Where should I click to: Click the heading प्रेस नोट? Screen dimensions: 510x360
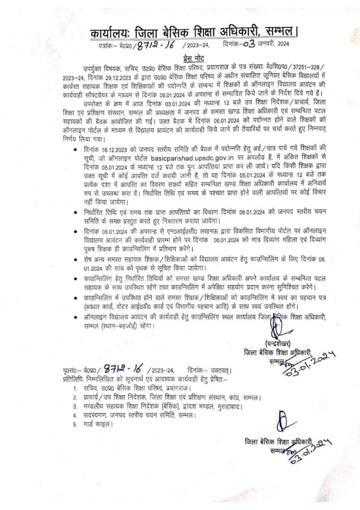(180, 57)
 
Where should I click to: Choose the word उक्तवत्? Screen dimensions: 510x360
(221, 371)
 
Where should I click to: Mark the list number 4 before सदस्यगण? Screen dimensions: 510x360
(75, 415)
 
